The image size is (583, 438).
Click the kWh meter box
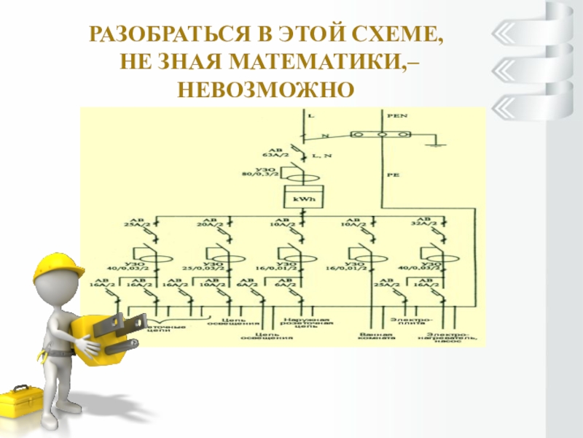click(x=302, y=198)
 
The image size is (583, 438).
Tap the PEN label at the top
click(x=396, y=116)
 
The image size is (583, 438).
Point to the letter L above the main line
click(x=311, y=116)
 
